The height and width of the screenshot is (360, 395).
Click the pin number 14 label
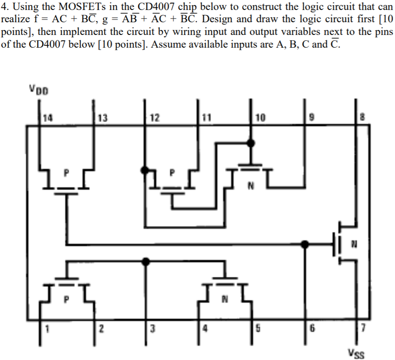coord(46,119)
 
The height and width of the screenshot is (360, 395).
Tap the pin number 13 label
coord(102,119)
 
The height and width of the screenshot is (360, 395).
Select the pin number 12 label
coord(154,119)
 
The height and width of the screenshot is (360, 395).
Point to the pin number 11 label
coord(206,119)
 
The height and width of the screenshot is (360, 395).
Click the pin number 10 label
coord(261,119)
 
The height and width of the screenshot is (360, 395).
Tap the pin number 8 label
coord(362,119)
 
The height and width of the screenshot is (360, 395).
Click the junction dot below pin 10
coord(250,143)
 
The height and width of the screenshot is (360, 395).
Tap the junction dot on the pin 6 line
coord(306,244)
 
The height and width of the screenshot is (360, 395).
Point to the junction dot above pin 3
coord(146,261)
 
